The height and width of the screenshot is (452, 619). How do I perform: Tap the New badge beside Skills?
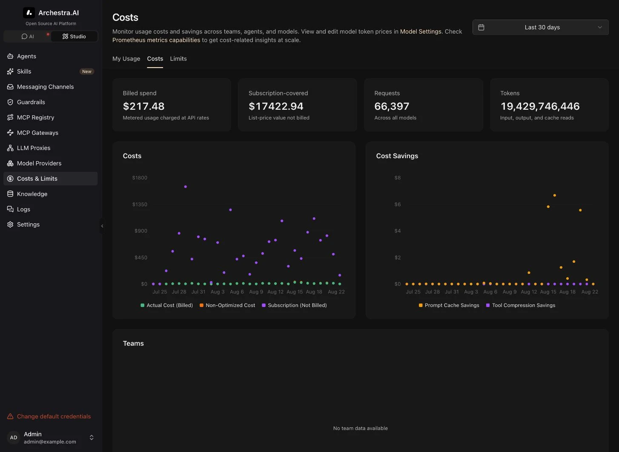[x=87, y=71]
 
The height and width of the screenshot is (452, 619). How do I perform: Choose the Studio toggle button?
[x=74, y=37]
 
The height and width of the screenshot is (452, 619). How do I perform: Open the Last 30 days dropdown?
[x=540, y=27]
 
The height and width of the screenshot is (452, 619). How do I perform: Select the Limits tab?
[x=178, y=59]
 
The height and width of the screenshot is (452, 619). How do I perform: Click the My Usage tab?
[x=126, y=59]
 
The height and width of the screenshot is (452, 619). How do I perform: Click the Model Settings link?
[x=421, y=31]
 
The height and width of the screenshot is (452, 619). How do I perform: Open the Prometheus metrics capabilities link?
[x=156, y=40]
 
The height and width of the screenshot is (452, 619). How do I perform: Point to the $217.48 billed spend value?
[x=144, y=106]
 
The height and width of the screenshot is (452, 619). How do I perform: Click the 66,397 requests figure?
[x=392, y=106]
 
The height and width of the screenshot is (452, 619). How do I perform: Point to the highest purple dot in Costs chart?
[x=186, y=187]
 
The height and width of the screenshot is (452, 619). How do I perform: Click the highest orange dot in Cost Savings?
[x=554, y=195]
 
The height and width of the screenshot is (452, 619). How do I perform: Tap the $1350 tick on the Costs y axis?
[x=140, y=205]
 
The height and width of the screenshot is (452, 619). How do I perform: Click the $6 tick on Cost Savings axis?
[x=397, y=205]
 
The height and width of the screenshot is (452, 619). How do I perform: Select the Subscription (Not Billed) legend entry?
[x=294, y=305]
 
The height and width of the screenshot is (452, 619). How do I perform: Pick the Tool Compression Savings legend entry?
[x=521, y=305]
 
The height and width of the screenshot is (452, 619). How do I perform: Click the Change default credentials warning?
[x=49, y=416]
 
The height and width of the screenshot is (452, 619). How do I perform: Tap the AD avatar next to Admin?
[x=14, y=438]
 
